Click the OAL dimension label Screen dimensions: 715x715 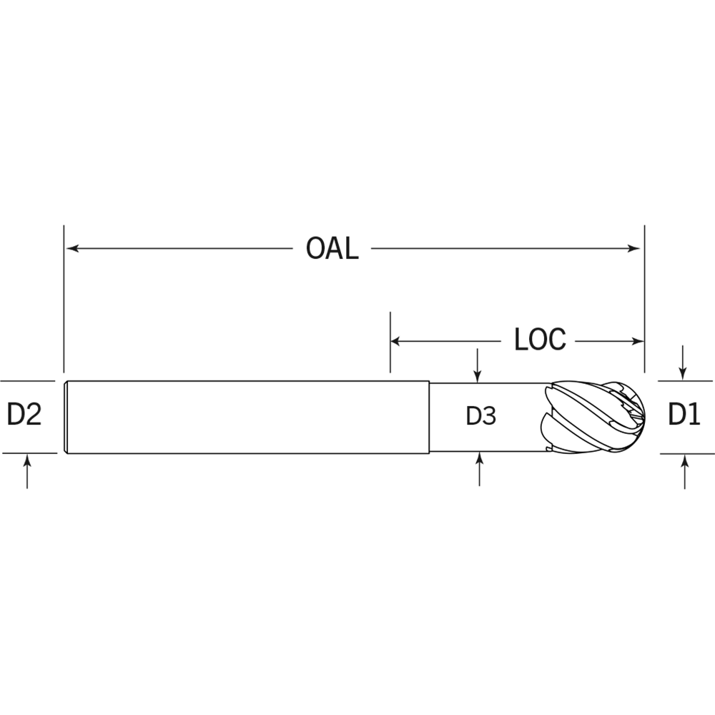point(332,249)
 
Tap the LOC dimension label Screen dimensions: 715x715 point(540,340)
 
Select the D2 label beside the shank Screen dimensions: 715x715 point(24,415)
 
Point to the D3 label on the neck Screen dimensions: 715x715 point(481,416)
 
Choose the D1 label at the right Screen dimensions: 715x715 point(684,415)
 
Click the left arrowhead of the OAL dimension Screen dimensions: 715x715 point(72,249)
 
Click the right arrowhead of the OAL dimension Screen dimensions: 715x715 point(633,249)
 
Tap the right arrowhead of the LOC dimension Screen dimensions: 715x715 point(638,341)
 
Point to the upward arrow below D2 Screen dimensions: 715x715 point(27,471)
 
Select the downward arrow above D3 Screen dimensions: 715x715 point(478,365)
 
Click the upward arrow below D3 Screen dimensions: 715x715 point(479,469)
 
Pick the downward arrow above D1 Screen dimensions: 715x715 point(683,363)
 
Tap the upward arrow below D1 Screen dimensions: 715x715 point(685,472)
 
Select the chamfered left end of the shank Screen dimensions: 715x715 point(66,418)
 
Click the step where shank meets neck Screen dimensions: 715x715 point(429,418)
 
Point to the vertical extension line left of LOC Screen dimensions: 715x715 point(390,342)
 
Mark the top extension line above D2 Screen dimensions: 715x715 point(28,381)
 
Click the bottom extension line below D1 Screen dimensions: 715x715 point(686,454)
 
